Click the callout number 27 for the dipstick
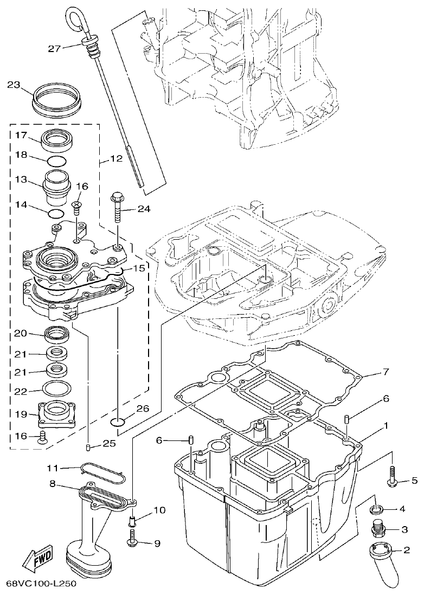54,49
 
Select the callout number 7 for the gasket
386,372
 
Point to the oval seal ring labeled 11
103,472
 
